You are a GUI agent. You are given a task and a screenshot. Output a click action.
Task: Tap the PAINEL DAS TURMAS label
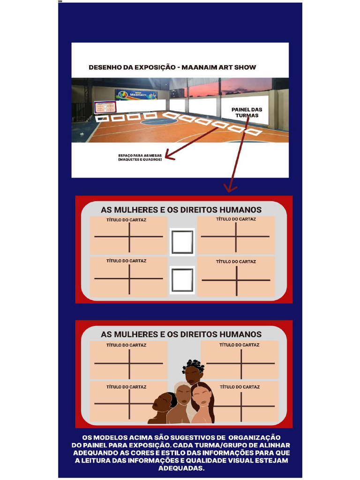pos(247,112)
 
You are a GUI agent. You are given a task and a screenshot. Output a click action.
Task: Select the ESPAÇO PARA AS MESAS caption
pos(140,157)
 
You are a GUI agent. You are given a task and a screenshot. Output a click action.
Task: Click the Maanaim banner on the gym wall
pos(136,95)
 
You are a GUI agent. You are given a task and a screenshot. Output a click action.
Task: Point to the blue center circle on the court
pos(159,121)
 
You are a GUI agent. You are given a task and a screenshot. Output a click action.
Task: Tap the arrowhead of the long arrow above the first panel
pos(230,188)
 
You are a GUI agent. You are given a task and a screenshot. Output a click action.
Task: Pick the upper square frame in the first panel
pos(182,242)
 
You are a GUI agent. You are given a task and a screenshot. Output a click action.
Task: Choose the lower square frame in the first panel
pos(182,280)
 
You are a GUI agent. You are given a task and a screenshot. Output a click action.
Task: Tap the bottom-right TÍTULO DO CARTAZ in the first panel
pos(236,262)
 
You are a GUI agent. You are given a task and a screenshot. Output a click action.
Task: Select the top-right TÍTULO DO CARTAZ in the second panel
pos(239,345)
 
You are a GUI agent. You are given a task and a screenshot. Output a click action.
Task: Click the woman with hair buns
pos(193,373)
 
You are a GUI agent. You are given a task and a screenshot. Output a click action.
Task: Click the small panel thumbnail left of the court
pos(105,107)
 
